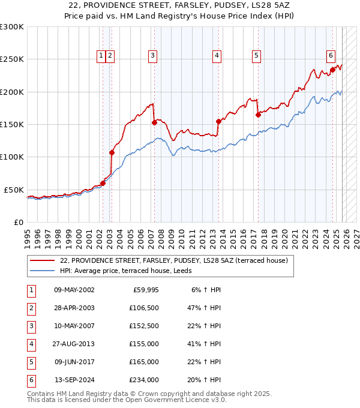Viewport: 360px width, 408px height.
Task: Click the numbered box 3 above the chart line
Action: click(x=153, y=56)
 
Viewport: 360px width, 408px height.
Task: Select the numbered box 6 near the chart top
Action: click(x=331, y=56)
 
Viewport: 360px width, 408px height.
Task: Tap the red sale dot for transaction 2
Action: click(x=112, y=152)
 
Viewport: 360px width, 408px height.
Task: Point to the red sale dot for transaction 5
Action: click(x=257, y=115)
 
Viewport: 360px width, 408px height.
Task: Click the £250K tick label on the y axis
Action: click(x=12, y=59)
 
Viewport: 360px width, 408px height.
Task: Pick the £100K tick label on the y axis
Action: click(x=12, y=157)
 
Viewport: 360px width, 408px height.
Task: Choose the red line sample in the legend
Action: click(x=41, y=261)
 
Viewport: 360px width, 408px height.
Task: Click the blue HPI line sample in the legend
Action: click(x=41, y=271)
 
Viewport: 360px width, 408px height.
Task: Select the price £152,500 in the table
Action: click(x=144, y=326)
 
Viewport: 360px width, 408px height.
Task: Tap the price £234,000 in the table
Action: click(x=144, y=380)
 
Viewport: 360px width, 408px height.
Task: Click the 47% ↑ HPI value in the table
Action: click(x=202, y=308)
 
